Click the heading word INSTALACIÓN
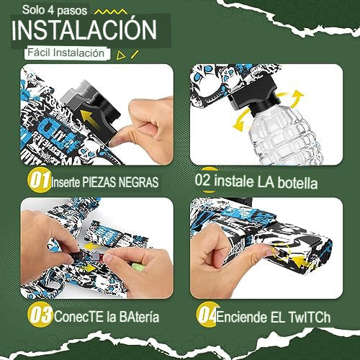point(84,30)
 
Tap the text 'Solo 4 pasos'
point(55,11)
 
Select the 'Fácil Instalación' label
point(66,53)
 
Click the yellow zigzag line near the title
point(110,12)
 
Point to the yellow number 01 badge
point(39,180)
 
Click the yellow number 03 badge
point(40,315)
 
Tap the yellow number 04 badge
point(208,315)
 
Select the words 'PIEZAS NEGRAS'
point(120,182)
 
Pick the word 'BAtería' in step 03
point(139,317)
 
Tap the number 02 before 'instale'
point(202,180)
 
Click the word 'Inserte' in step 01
point(66,182)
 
